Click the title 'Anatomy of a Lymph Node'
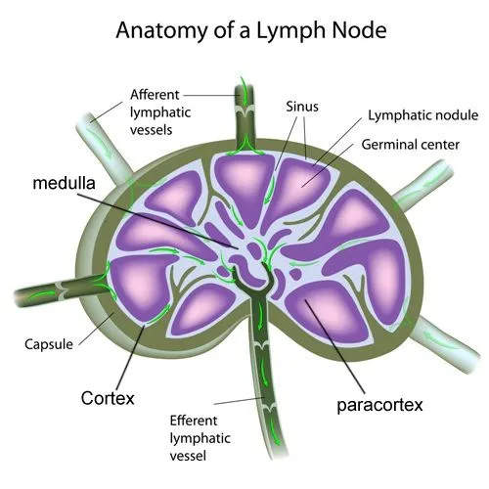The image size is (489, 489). [x=251, y=29]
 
